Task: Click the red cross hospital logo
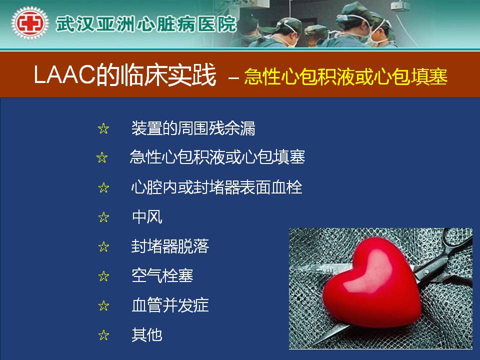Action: click(29, 23)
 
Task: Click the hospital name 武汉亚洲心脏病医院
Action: click(146, 24)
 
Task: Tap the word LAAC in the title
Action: click(64, 74)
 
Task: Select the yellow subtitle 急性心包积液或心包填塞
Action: click(345, 76)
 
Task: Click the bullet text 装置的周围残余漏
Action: click(193, 128)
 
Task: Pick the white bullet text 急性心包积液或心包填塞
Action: click(217, 156)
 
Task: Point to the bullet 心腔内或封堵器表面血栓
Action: click(216, 187)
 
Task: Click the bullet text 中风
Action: click(147, 217)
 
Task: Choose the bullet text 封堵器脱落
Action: click(170, 246)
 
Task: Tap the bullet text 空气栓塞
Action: click(162, 275)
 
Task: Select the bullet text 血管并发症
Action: click(170, 305)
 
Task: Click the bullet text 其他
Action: click(147, 334)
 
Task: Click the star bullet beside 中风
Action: click(104, 217)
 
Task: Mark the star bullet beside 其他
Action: click(104, 335)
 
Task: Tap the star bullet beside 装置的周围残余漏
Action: click(103, 128)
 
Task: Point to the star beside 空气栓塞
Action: click(104, 276)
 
